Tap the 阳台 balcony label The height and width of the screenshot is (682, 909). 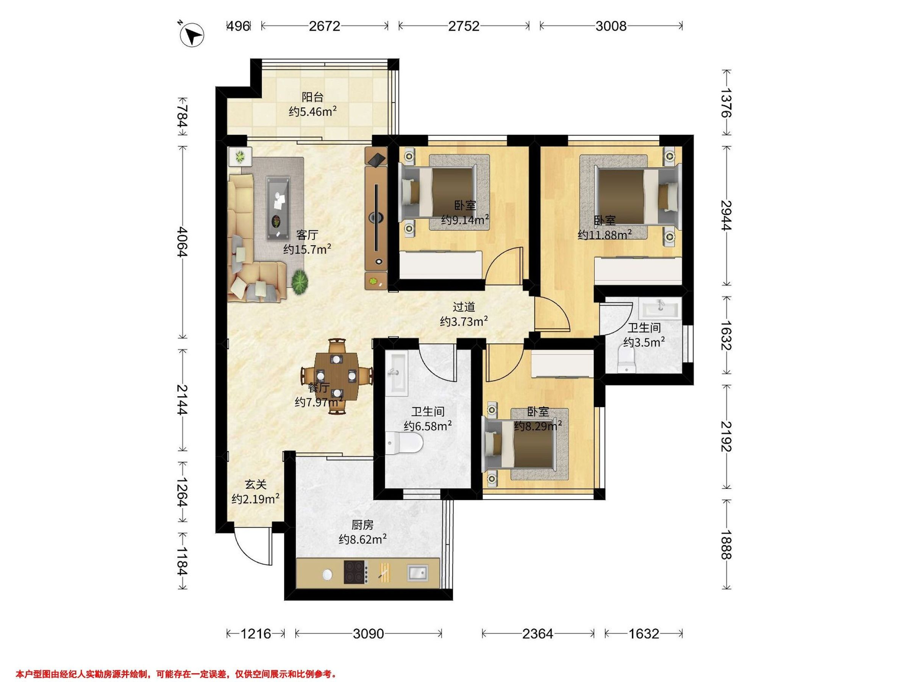pos(313,97)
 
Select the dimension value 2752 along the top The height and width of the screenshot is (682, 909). pos(464,26)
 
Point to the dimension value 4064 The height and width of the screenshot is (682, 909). pos(182,242)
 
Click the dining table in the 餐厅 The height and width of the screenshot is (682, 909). pos(337,376)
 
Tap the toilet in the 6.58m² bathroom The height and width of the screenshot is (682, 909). pos(405,443)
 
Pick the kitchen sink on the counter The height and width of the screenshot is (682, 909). pos(417,573)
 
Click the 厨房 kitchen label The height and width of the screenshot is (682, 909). pos(362,525)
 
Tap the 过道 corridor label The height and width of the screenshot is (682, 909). pos(464,307)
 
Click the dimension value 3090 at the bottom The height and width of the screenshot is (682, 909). pos(368,634)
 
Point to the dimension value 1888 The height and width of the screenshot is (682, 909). pos(726,545)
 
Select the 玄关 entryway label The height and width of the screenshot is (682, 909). pos(256,485)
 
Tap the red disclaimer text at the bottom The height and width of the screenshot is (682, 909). pos(176,662)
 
